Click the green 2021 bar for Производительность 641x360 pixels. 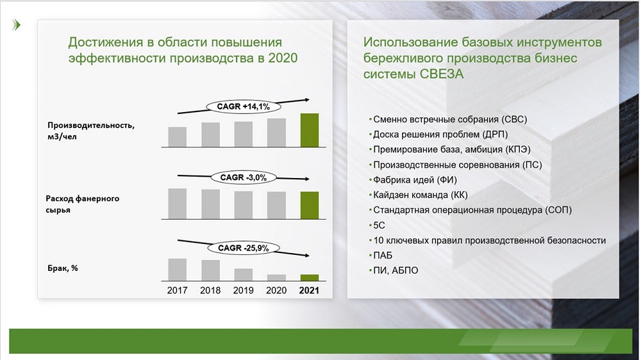[310, 130]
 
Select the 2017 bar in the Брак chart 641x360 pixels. [178, 269]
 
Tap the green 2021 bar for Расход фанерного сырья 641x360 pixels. [310, 205]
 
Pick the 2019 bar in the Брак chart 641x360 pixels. [243, 274]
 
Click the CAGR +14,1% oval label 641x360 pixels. [243, 106]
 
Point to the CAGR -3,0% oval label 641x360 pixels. [243, 177]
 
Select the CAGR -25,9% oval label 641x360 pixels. [243, 248]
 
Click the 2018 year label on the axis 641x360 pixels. [210, 290]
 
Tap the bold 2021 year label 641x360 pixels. [309, 290]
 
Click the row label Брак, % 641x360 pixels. [63, 268]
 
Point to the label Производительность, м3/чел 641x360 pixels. [91, 131]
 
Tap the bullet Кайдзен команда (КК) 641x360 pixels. [420, 195]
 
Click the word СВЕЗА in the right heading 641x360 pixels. [442, 74]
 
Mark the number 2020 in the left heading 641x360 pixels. [283, 58]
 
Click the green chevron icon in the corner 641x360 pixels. [17, 25]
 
